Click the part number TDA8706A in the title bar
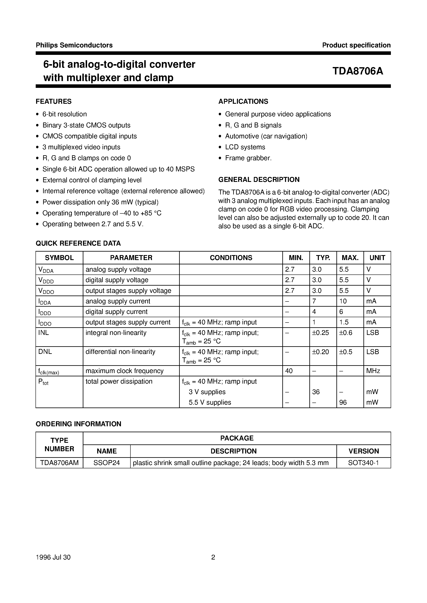click(358, 71)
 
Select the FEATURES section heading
click(54, 101)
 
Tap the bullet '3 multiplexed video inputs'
click(81, 147)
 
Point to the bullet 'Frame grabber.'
click(248, 158)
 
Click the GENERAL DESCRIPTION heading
click(259, 179)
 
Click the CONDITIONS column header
click(231, 258)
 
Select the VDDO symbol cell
click(46, 291)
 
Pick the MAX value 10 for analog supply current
click(343, 301)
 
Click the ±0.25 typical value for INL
click(320, 333)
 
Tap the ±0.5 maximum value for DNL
click(345, 352)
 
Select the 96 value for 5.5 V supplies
click(343, 402)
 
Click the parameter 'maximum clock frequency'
click(124, 371)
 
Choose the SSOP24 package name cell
click(106, 463)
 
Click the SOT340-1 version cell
click(363, 463)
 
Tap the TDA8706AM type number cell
click(59, 463)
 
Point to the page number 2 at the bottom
click(213, 557)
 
